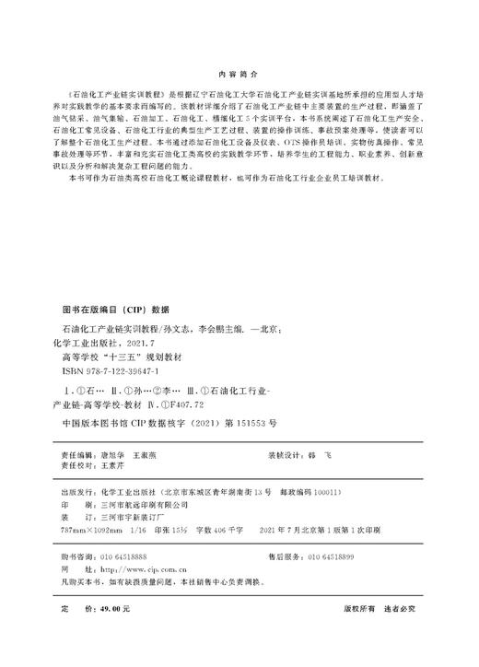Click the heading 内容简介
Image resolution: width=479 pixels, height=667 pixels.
tap(239, 73)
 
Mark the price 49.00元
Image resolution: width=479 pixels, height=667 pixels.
tap(118, 609)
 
